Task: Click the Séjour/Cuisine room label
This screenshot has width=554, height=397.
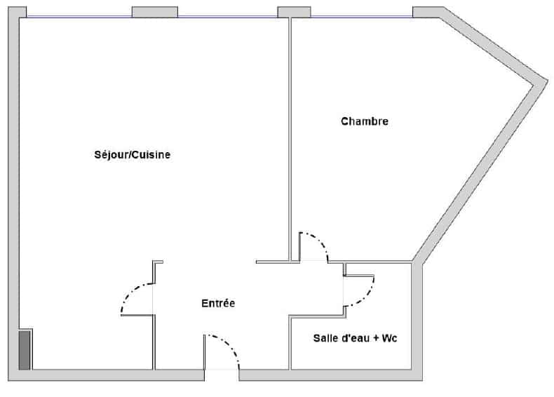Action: [132, 155]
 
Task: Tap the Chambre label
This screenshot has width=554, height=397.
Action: [365, 121]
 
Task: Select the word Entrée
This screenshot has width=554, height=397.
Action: [218, 303]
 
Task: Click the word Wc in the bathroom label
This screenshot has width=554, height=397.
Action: [389, 338]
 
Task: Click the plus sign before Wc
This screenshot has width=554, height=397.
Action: [376, 338]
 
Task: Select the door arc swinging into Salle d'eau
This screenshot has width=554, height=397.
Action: [365, 296]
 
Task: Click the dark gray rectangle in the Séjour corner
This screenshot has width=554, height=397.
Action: [25, 350]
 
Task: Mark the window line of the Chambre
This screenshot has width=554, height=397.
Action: [362, 16]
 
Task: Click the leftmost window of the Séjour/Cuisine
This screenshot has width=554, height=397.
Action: [79, 16]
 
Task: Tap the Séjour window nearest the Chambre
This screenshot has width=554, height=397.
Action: [227, 16]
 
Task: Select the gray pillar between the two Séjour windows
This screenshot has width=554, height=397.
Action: [155, 12]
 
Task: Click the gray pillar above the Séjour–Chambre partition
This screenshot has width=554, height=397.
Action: [294, 12]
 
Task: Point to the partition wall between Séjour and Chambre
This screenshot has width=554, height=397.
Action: [290, 140]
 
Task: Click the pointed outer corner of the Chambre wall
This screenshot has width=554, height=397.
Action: [547, 81]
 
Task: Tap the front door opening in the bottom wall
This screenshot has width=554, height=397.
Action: [222, 375]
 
